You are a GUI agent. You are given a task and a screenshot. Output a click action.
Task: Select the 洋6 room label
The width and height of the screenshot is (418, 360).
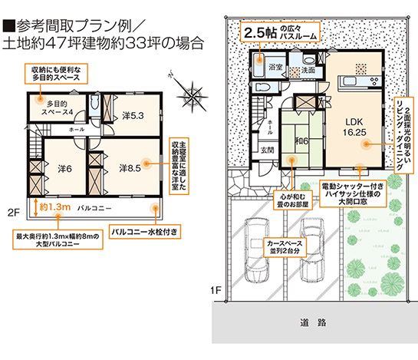(64, 168)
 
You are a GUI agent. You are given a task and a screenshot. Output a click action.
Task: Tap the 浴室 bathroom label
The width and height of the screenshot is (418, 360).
(274, 68)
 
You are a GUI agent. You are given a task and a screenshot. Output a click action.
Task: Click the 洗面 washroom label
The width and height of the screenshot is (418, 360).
(308, 70)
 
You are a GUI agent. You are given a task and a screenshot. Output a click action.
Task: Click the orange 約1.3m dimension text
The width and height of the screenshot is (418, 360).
(54, 207)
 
